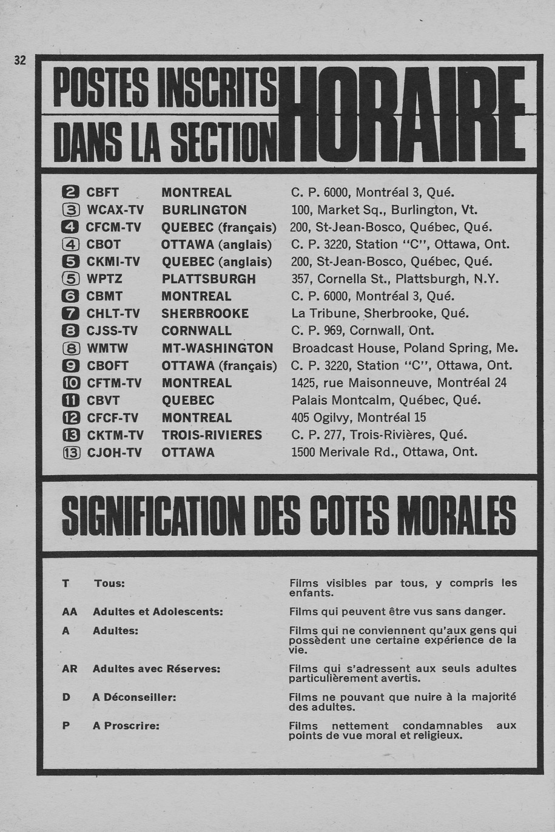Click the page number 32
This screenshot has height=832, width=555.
[20, 60]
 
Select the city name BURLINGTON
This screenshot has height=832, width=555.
[204, 210]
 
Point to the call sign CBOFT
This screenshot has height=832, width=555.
[108, 366]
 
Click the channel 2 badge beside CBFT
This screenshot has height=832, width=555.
[71, 193]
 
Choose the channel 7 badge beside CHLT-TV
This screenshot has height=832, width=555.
[71, 314]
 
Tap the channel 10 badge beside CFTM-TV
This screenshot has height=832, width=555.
[71, 383]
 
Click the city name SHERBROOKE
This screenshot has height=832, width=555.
[205, 314]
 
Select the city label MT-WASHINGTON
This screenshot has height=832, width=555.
[217, 348]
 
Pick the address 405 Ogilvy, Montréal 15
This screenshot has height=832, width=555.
[358, 418]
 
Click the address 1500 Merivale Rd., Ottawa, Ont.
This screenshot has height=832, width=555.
[384, 452]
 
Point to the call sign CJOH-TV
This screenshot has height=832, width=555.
[116, 452]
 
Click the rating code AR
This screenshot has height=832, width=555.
[70, 669]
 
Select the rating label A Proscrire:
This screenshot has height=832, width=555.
[126, 726]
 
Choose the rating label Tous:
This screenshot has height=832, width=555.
[109, 583]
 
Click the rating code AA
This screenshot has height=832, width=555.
[70, 612]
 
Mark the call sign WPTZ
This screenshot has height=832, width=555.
[104, 279]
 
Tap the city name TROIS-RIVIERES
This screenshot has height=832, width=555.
[212, 435]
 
